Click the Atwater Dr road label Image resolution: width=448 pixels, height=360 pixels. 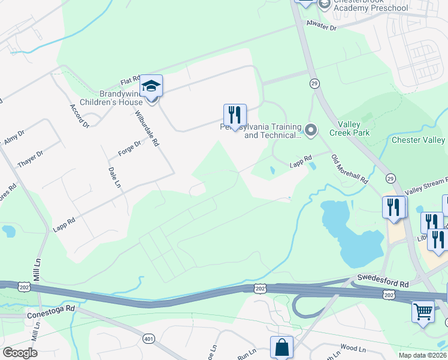click(x=322, y=27)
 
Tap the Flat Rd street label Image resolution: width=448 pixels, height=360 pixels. click(x=129, y=80)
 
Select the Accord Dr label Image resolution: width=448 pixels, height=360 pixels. click(x=80, y=116)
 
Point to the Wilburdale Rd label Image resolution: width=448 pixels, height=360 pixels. click(x=147, y=128)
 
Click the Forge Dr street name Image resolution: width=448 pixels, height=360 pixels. click(x=129, y=148)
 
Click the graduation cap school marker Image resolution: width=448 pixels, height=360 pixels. click(x=152, y=86)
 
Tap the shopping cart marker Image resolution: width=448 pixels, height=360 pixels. click(x=423, y=311)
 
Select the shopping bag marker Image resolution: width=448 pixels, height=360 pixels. click(x=281, y=347)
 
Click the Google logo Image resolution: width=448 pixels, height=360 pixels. click(x=20, y=353)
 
